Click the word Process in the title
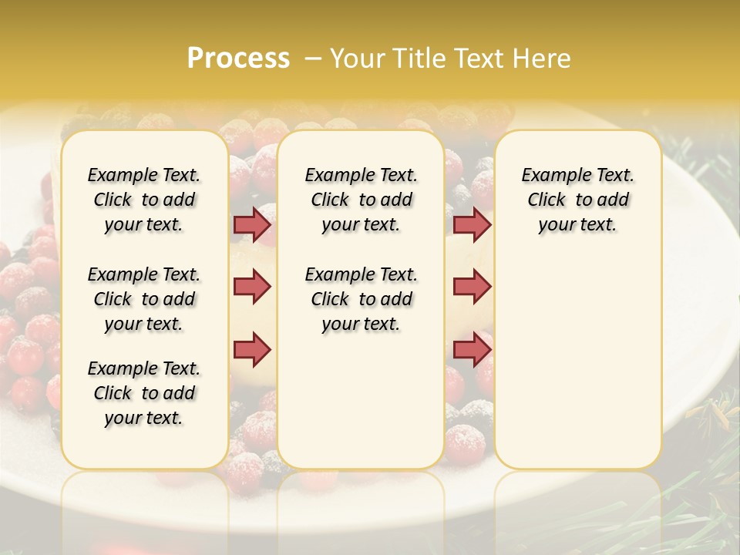click(x=238, y=58)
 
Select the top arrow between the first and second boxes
click(x=252, y=224)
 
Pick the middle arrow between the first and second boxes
click(x=252, y=287)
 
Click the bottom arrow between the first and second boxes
click(x=252, y=349)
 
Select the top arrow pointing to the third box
click(x=472, y=224)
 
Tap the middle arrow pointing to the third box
click(x=472, y=287)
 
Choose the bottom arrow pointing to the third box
click(x=472, y=349)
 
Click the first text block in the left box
click(x=144, y=200)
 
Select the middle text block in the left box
click(x=144, y=299)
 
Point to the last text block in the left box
click(x=144, y=393)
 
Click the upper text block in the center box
click(x=361, y=200)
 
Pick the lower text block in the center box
click(x=361, y=299)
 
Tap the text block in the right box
click(x=577, y=200)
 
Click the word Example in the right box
click(x=550, y=176)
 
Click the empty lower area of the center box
click(x=361, y=401)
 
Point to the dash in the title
click(x=313, y=58)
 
